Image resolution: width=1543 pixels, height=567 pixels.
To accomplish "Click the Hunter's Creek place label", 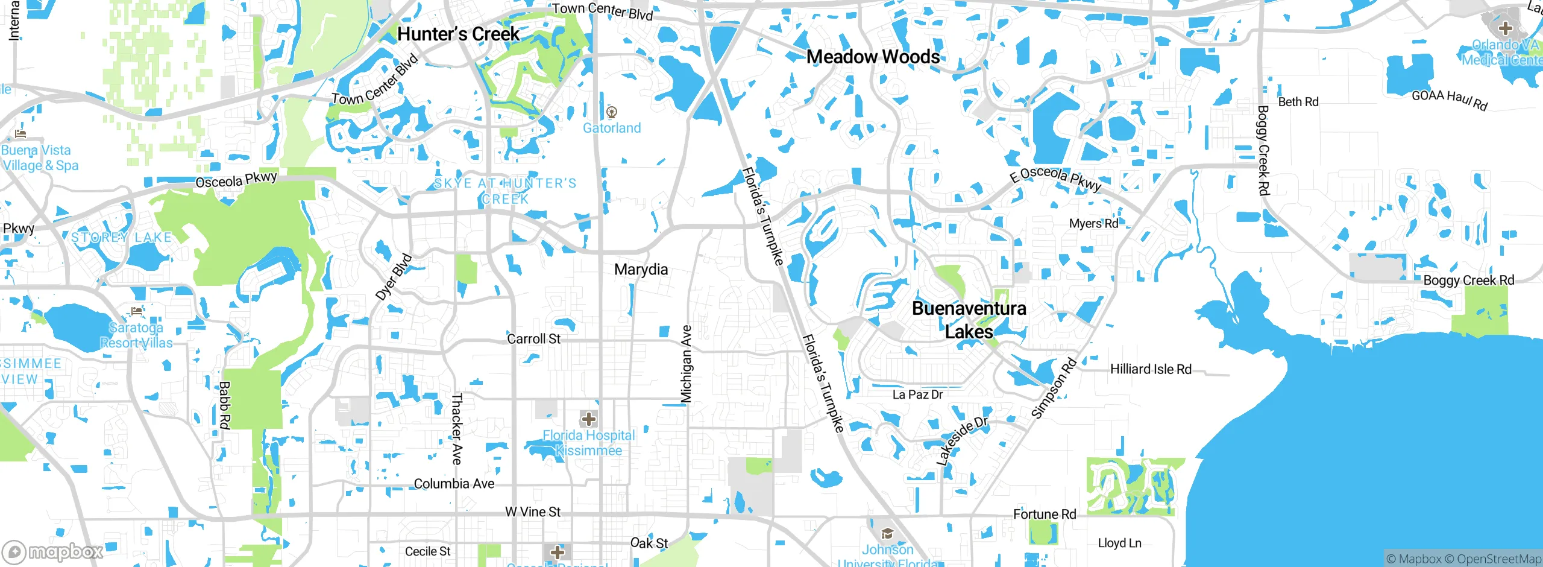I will click(458, 34).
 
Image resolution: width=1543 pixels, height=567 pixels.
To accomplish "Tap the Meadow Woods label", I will click(873, 57).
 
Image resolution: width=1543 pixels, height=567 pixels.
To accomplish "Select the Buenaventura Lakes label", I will click(969, 320).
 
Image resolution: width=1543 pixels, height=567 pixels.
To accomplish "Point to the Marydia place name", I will click(641, 270).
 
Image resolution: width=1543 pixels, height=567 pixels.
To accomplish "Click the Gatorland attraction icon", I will click(612, 112).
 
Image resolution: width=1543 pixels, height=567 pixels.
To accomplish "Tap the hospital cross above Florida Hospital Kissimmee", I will click(589, 419).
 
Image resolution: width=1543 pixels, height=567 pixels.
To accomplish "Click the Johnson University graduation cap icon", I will click(887, 533).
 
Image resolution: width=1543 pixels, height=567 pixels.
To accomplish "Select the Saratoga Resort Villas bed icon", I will click(137, 312).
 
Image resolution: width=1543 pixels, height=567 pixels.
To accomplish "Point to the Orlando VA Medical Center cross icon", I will click(1505, 28).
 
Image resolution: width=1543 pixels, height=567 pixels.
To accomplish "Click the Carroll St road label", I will click(533, 339).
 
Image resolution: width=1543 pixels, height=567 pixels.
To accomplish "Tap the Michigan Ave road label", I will click(686, 364).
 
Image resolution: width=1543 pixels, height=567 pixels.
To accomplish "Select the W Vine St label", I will click(532, 512).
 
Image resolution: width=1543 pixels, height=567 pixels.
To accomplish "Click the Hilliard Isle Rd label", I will click(1151, 369).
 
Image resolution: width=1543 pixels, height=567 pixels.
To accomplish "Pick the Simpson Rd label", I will click(1054, 388).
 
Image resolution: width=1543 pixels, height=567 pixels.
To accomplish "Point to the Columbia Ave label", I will click(454, 484).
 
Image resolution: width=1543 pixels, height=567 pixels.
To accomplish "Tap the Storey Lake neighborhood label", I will click(122, 238).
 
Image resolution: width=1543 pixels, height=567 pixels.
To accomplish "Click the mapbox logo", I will click(53, 551).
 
